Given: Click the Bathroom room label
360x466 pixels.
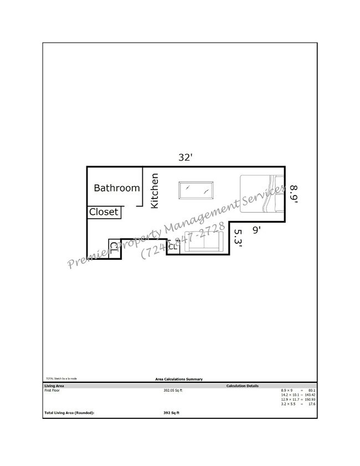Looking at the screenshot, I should pyautogui.click(x=116, y=188).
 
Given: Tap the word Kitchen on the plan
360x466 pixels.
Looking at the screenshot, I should pyautogui.click(x=155, y=191).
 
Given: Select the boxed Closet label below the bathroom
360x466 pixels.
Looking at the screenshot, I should pyautogui.click(x=104, y=212).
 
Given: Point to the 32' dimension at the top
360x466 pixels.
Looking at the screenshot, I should pyautogui.click(x=185, y=158).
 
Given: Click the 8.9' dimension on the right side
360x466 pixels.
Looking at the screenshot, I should pyautogui.click(x=293, y=194).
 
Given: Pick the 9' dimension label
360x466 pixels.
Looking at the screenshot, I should pyautogui.click(x=256, y=228).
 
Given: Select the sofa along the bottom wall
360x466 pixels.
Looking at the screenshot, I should pyautogui.click(x=203, y=242).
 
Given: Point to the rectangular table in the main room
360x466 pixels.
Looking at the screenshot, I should pyautogui.click(x=196, y=191).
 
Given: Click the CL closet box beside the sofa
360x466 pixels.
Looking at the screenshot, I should pyautogui.click(x=173, y=247).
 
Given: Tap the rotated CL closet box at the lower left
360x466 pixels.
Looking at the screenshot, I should pyautogui.click(x=114, y=248).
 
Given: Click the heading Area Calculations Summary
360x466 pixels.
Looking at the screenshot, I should pyautogui.click(x=179, y=379).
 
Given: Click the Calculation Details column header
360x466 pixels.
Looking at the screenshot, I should pyautogui.click(x=242, y=386).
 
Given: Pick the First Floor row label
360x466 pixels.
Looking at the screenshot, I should pyautogui.click(x=52, y=391).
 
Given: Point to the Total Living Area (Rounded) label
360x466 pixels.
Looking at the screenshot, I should pyautogui.click(x=69, y=413).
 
